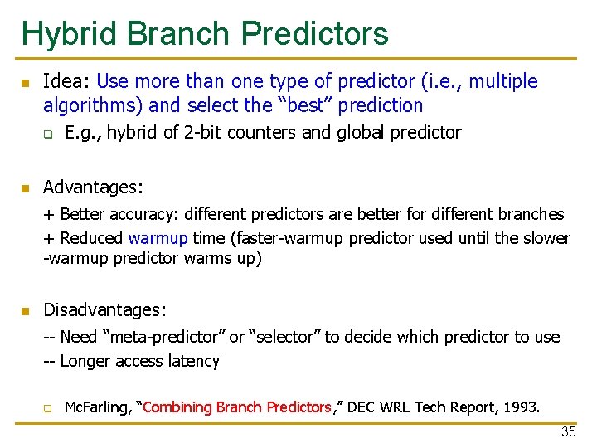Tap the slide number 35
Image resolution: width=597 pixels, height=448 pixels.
(568, 431)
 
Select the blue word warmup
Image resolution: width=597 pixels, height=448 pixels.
(158, 238)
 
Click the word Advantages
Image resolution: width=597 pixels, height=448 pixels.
(92, 187)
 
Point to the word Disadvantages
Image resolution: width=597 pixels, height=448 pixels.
(104, 310)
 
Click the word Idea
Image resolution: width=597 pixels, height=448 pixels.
(66, 81)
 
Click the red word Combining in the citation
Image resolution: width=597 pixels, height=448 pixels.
(178, 407)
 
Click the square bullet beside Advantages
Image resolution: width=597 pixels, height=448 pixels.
(25, 188)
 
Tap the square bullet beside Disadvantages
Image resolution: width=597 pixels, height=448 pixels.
(25, 311)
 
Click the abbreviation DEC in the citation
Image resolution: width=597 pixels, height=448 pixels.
(362, 407)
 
